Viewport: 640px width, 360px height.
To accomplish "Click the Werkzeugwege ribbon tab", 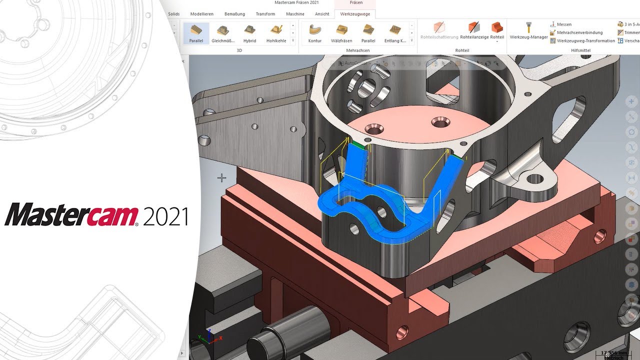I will (355, 14).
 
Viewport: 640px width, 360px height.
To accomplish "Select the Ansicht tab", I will (322, 14).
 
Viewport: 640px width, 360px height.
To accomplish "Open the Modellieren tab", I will (202, 14).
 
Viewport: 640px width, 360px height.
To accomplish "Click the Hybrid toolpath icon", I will (249, 33).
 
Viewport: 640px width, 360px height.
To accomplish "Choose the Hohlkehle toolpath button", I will (276, 33).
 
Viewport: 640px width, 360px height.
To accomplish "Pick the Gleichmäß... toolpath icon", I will (223, 33).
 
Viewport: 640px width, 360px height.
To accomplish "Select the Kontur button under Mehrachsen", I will (315, 33).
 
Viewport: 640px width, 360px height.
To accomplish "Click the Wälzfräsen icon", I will (341, 33).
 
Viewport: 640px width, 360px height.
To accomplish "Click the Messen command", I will (563, 24).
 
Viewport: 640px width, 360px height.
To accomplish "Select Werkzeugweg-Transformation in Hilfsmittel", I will (585, 40).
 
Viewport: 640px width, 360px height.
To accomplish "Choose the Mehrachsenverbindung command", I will (579, 32).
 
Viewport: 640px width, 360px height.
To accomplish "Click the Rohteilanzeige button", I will (473, 31).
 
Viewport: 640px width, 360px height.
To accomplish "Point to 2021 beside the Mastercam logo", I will (165, 216).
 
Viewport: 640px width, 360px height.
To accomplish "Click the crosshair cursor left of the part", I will (221, 177).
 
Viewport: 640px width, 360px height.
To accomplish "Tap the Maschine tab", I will (295, 14).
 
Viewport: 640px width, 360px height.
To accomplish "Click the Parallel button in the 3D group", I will (196, 33).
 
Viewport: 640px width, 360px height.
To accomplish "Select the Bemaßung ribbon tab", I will (235, 14).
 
